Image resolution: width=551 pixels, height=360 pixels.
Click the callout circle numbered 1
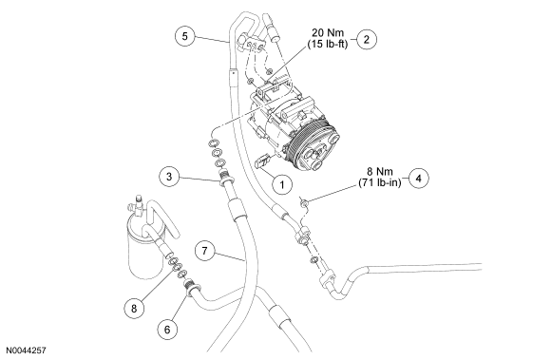click(282, 183)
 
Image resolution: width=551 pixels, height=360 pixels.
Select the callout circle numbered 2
click(366, 39)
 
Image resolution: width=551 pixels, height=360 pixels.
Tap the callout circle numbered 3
click(169, 176)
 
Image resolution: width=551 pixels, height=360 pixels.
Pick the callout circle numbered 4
click(418, 178)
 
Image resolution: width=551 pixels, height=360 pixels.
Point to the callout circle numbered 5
click(185, 36)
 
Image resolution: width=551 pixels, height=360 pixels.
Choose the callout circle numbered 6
click(167, 329)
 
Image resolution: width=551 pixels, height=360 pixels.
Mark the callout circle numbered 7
click(205, 251)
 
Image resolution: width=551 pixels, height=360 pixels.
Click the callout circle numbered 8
click(134, 309)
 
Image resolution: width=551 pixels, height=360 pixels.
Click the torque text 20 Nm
click(328, 32)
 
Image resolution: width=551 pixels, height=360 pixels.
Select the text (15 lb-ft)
click(328, 45)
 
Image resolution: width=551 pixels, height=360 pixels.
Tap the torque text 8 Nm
click(380, 171)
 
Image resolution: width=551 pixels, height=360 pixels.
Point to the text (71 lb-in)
click(380, 182)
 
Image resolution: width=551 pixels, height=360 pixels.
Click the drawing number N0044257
click(26, 351)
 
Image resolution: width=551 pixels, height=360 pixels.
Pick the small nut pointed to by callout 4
click(304, 202)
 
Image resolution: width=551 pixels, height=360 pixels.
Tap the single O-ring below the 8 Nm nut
click(314, 260)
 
